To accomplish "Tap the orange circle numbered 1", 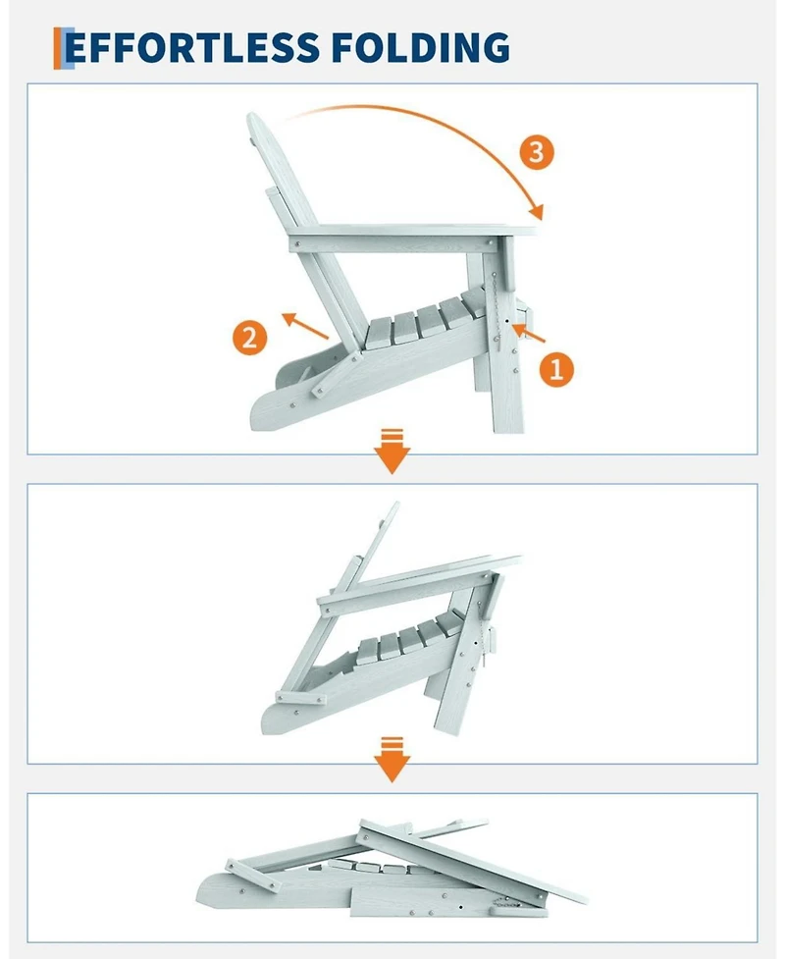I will pyautogui.click(x=555, y=369).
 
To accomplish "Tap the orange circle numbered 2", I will pyautogui.click(x=249, y=338).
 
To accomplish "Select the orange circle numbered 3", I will pyautogui.click(x=535, y=152).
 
